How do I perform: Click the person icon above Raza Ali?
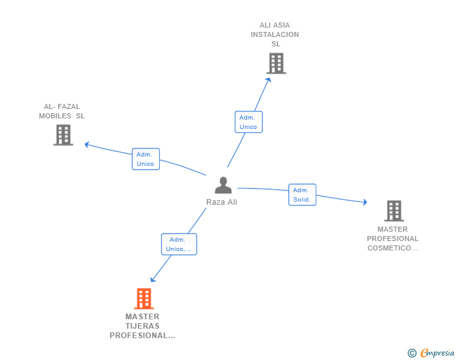tap(223, 185)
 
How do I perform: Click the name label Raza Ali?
tap(222, 202)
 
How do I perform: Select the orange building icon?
tap(143, 299)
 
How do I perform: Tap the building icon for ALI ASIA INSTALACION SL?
tap(276, 63)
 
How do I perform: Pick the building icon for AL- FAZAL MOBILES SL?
tap(63, 135)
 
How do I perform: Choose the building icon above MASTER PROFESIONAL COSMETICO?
tap(393, 211)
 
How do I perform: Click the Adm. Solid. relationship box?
tap(302, 195)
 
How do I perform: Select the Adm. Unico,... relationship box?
tap(179, 244)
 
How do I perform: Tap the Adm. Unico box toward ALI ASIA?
tap(248, 122)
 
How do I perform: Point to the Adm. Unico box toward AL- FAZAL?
tap(146, 159)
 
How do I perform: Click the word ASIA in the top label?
tap(281, 26)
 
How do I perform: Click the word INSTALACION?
tap(275, 34)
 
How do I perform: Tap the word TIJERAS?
tap(142, 326)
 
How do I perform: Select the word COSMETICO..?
tap(392, 248)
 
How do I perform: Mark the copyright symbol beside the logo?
tap(412, 353)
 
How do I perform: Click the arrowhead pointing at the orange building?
tap(152, 280)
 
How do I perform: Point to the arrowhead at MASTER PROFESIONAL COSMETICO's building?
tap(365, 202)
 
